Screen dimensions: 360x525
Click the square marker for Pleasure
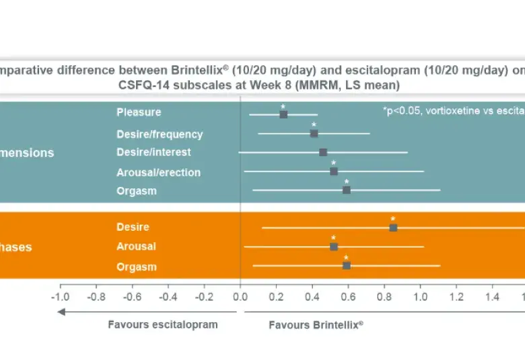pos(283,114)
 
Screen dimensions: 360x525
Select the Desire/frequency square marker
pos(314,134)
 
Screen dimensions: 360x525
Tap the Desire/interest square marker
pos(323,153)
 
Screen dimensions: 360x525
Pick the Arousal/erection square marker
pos(334,172)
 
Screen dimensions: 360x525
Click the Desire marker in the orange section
pos(393,227)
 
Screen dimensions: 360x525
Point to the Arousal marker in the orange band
pos(334,246)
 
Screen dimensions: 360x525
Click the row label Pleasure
pos(139,112)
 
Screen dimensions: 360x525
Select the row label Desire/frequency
pos(160,134)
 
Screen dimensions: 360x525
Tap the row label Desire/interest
pos(153,153)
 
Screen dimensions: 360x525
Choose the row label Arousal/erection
pos(158,172)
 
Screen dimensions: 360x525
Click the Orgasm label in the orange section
pos(137,266)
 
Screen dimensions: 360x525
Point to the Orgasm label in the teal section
pos(137,190)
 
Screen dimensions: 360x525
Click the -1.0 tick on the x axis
pos(60,296)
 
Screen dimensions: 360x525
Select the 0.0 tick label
pos(240,296)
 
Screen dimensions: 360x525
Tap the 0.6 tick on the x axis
pos(349,296)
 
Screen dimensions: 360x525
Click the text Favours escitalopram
pos(163,324)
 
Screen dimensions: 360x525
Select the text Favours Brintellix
pos(316,324)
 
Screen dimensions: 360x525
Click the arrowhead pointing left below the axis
pos(62,311)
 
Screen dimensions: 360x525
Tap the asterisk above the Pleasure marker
pos(283,106)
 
